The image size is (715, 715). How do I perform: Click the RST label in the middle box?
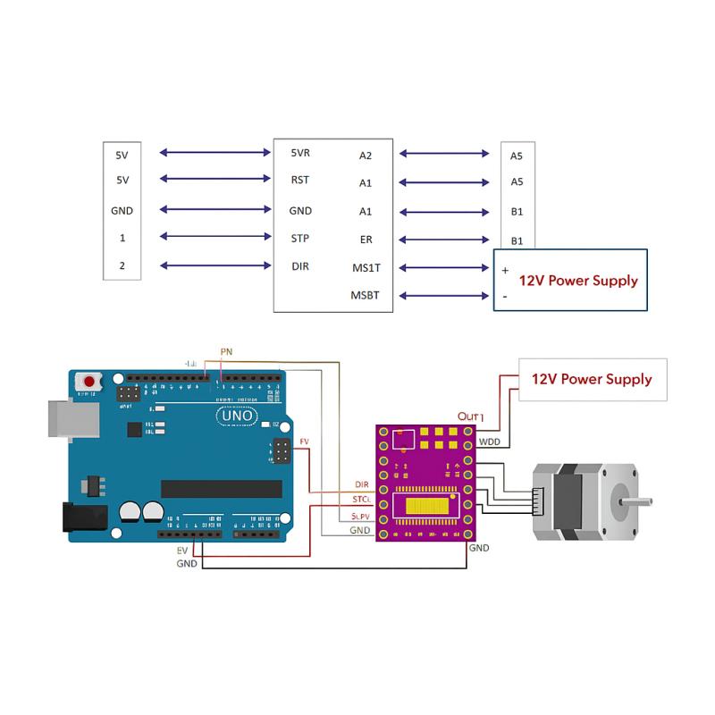[x=300, y=180]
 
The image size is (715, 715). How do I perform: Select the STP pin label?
[x=300, y=239]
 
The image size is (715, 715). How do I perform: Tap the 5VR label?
[x=300, y=153]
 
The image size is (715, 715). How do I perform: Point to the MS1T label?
[x=366, y=268]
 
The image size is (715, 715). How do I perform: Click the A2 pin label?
[x=365, y=155]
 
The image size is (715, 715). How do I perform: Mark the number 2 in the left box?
[x=122, y=265]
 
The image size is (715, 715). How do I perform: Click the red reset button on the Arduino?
[x=89, y=382]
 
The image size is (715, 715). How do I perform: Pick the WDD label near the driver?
[x=490, y=442]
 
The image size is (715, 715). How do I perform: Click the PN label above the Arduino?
[x=226, y=350]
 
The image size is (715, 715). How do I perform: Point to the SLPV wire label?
[x=360, y=517]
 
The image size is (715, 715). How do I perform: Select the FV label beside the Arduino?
[x=304, y=441]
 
